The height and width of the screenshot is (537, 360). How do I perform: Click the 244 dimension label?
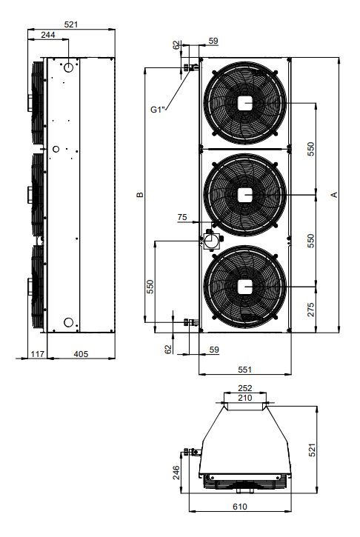click(x=48, y=35)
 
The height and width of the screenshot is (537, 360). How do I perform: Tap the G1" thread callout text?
click(x=158, y=110)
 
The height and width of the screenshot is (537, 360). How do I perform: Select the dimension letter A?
click(x=334, y=195)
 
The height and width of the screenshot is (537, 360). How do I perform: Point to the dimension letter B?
click(x=140, y=195)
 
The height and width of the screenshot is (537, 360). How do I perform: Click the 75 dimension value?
click(x=182, y=217)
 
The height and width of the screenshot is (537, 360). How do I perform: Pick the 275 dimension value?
click(x=310, y=310)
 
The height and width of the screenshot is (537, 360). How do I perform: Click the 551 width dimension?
click(x=244, y=370)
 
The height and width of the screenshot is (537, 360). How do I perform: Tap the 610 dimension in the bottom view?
click(x=240, y=507)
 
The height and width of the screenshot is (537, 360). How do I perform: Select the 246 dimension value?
click(x=176, y=473)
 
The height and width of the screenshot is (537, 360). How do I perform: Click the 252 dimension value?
click(x=245, y=388)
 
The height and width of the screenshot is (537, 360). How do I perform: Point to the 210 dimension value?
click(x=245, y=398)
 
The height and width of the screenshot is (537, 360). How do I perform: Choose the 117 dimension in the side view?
click(x=37, y=354)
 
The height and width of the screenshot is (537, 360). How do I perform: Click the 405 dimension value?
click(x=81, y=354)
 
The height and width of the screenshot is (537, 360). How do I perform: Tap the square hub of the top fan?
click(x=245, y=103)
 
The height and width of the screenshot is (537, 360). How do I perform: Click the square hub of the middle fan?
click(x=245, y=195)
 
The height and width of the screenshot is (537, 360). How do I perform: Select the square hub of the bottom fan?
click(x=245, y=287)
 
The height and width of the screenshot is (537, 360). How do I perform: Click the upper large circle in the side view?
click(x=68, y=67)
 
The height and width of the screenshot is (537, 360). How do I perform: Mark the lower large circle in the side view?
click(x=68, y=322)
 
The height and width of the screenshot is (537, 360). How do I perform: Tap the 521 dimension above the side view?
click(x=71, y=24)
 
